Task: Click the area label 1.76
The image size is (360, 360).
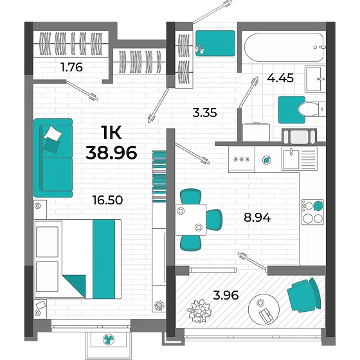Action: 71,66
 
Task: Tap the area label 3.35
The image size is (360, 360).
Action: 204,113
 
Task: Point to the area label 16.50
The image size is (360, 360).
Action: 107,200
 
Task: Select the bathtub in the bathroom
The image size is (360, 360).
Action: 283,46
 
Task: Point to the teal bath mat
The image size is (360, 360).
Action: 291,109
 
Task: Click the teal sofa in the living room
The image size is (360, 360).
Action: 53,157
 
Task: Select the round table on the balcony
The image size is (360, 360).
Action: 264,310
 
